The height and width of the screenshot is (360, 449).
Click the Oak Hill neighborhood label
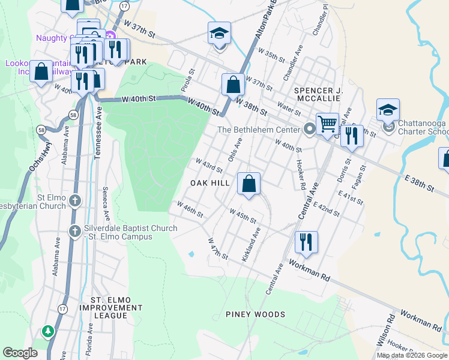point(210,182)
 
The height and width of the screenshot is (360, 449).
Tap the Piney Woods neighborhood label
point(255,314)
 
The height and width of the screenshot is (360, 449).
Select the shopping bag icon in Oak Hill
point(249,183)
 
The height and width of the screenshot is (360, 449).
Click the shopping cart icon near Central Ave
point(327,124)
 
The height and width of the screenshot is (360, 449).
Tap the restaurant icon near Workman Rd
point(307,242)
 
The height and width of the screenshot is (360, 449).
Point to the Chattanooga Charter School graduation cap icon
point(388,110)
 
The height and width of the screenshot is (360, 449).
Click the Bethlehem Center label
point(258,130)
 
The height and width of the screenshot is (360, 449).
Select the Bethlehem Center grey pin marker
point(309,129)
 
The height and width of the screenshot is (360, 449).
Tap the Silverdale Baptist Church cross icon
point(74,230)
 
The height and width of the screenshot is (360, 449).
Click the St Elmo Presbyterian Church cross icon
point(74,200)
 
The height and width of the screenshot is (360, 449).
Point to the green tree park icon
point(47,331)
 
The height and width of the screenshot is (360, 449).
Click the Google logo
point(19,353)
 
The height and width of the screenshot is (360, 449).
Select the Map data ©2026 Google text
point(412,355)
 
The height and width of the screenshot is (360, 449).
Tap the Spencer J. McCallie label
point(318,95)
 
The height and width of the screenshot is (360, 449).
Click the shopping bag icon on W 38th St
point(233,85)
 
